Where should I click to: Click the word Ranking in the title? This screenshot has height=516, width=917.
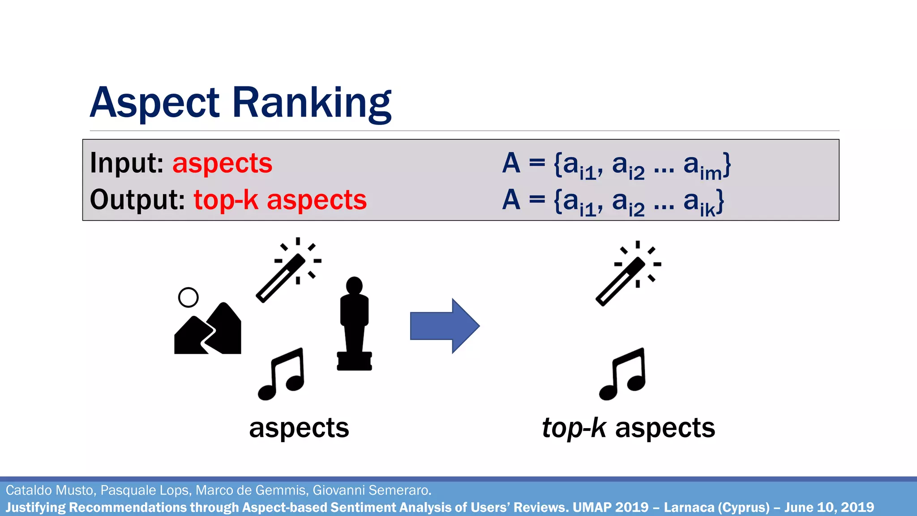(312, 103)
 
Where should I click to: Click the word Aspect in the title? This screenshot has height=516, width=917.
(154, 103)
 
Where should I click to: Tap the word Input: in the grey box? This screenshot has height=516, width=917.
(126, 163)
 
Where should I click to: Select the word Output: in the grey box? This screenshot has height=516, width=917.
(137, 199)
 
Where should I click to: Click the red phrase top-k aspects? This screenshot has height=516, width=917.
(280, 199)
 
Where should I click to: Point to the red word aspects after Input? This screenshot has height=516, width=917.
(222, 163)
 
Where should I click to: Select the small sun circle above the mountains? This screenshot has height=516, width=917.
(188, 297)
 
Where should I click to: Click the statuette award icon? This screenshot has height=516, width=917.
(354, 323)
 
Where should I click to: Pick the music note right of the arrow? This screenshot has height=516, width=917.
(623, 374)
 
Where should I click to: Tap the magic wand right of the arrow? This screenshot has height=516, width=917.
(627, 274)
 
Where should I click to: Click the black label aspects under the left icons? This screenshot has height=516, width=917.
(299, 428)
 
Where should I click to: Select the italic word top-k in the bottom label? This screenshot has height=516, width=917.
(574, 428)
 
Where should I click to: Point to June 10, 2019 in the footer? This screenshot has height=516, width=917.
(829, 507)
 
